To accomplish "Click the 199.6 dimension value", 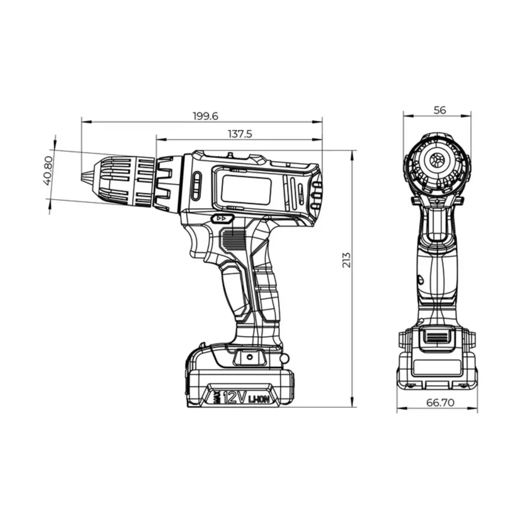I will (205, 116).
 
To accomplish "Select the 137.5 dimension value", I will (240, 134).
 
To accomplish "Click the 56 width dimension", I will (439, 110).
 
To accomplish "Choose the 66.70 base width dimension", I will (440, 403).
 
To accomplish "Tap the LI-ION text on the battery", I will (259, 398).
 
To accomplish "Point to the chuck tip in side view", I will (83, 178).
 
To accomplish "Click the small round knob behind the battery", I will (284, 358).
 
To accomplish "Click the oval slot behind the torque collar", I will (196, 186).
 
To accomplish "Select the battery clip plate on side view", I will (250, 357).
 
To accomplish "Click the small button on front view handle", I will (420, 280).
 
